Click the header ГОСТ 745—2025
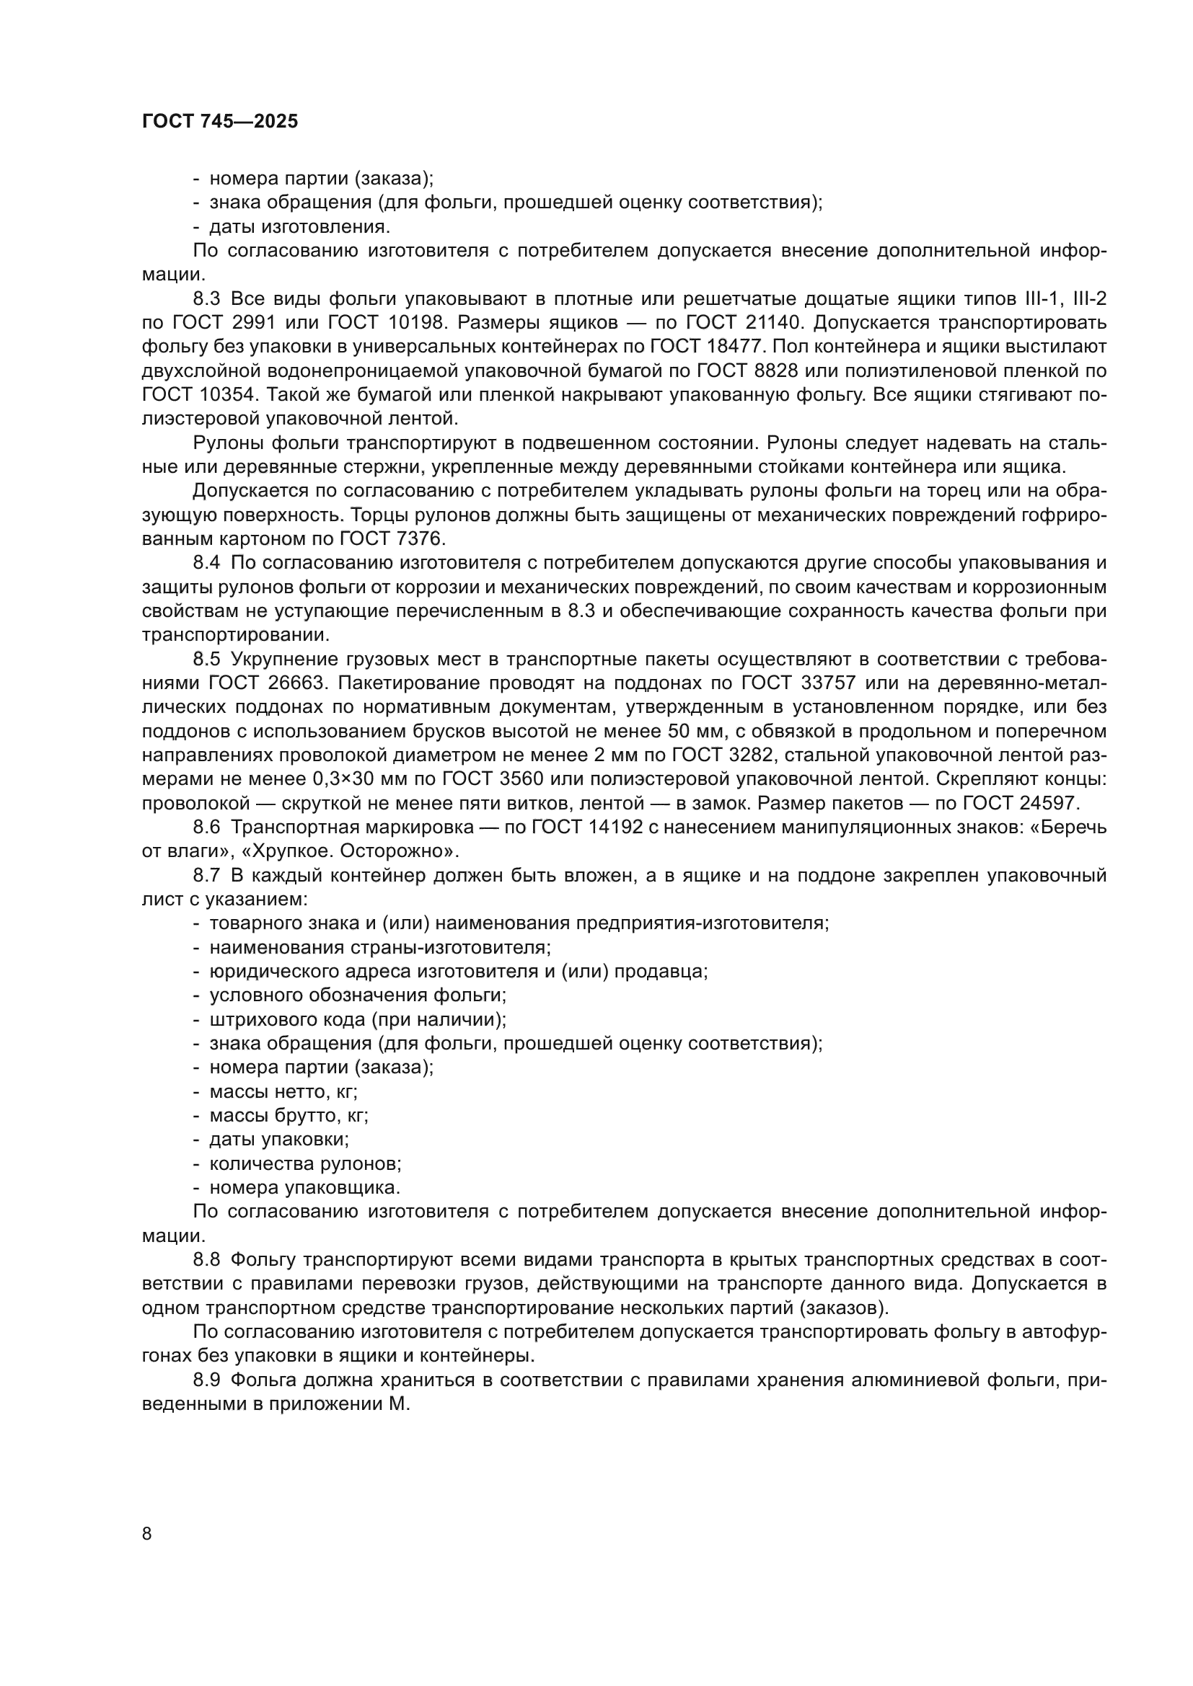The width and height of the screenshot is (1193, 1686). [x=221, y=122]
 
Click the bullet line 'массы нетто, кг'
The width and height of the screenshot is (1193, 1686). [x=283, y=1092]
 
